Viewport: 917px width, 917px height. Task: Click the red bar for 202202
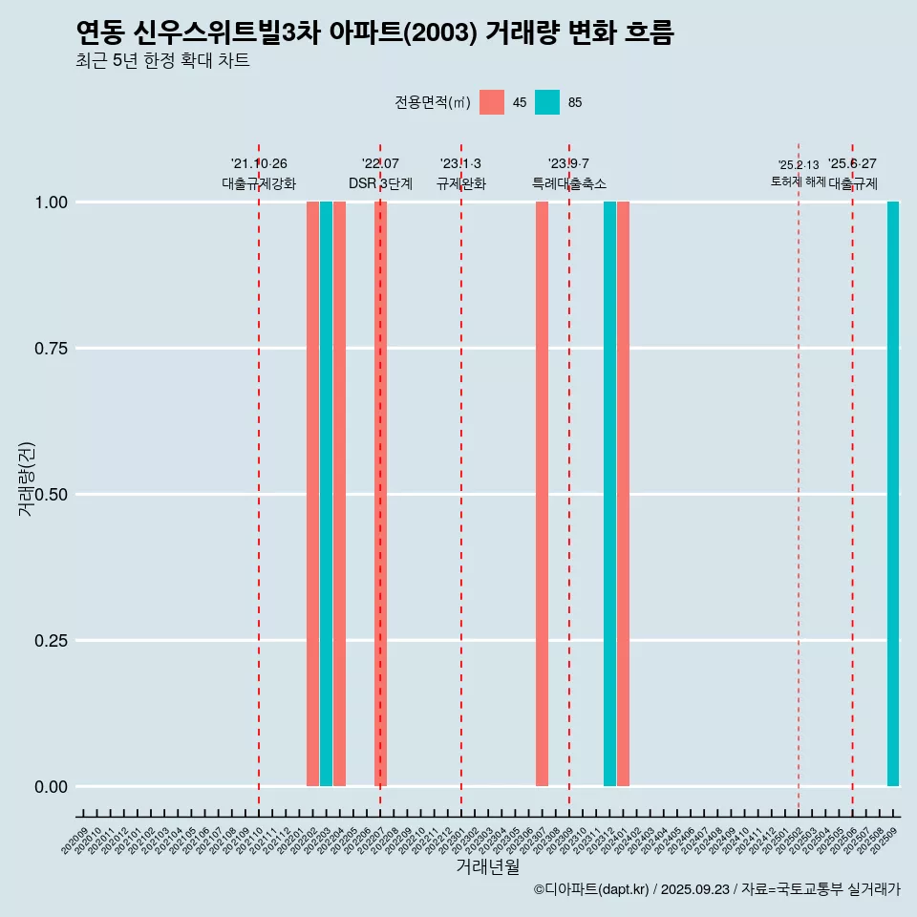312,494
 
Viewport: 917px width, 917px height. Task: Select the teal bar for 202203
326,494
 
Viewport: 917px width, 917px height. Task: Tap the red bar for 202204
339,494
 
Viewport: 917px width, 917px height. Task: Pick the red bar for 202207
380,494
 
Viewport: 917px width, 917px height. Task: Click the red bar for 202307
542,494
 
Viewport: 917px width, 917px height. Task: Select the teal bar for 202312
609,494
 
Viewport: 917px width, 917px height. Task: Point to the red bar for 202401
623,494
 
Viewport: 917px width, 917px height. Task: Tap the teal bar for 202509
893,494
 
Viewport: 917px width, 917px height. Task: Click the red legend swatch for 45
492,102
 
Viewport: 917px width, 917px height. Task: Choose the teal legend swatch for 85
547,102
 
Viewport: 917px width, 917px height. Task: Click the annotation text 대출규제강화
259,183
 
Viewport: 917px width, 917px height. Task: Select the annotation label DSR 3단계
380,183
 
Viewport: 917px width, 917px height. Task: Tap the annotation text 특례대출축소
569,183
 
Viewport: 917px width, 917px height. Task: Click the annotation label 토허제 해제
798,181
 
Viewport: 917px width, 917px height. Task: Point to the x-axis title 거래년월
487,866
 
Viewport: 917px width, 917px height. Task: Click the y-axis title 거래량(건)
26,479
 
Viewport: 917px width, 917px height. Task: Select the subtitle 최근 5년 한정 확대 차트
162,61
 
